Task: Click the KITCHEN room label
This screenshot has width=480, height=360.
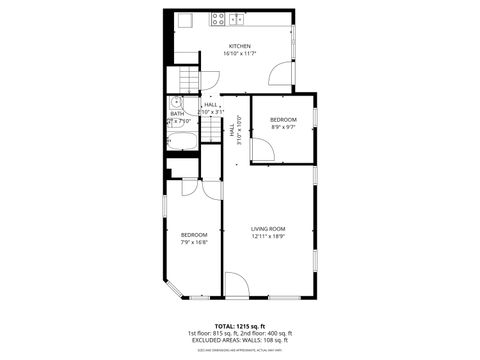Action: point(240,46)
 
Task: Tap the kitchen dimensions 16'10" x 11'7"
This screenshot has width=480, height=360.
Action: point(240,53)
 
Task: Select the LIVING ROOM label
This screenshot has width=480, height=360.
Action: point(268,229)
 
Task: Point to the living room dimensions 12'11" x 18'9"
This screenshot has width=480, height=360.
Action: point(268,236)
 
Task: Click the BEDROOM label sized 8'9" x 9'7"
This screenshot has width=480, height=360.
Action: point(283,120)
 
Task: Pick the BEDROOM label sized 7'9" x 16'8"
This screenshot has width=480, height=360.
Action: point(194,235)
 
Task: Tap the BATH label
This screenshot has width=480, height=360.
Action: point(177,113)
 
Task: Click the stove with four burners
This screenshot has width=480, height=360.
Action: point(219,18)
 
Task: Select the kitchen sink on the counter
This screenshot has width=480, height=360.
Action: point(237,18)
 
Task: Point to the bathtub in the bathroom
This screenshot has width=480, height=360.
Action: point(184,139)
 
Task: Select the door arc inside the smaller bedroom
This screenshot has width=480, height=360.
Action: point(262,150)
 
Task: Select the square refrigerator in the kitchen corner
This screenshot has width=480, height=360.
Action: point(184,19)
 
